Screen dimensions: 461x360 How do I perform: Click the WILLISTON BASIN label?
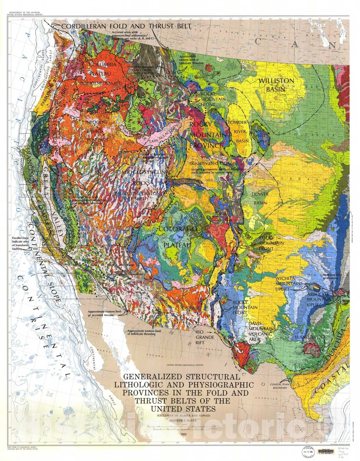click(276, 85)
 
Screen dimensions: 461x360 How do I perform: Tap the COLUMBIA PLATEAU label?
click(103, 69)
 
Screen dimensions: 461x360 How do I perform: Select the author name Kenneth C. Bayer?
click(182, 421)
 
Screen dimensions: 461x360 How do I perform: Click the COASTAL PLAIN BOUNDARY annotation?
click(278, 386)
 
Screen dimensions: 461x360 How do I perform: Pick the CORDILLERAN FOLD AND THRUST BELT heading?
click(126, 26)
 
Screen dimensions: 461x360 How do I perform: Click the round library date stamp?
click(308, 451)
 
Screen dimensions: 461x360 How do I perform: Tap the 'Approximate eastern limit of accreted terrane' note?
click(102, 313)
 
